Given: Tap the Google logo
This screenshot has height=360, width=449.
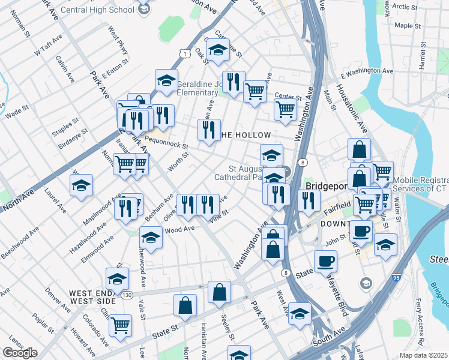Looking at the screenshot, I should click(20, 353).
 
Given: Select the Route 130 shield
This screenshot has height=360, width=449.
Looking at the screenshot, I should click(126, 295).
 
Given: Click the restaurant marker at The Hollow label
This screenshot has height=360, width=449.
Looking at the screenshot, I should click(209, 130).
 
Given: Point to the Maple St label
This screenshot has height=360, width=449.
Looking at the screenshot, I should click(408, 26).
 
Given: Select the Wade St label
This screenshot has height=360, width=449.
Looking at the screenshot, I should click(13, 112).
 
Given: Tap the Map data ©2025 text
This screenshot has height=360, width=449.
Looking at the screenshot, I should click(424, 355).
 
